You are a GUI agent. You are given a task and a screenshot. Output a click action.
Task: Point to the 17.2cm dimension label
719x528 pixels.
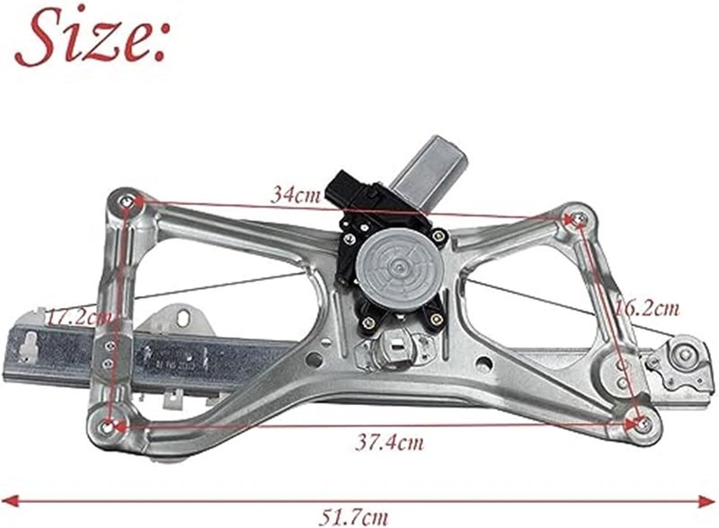(x=80, y=317)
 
